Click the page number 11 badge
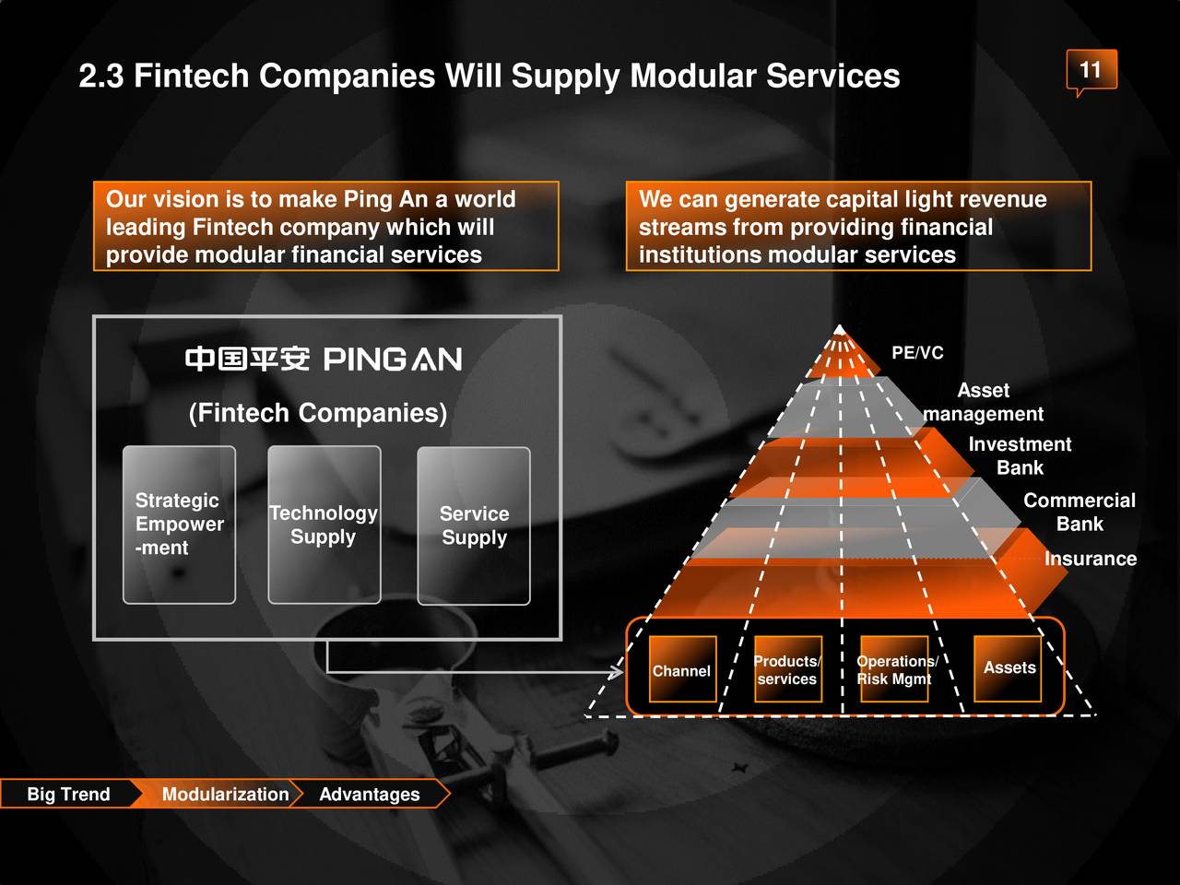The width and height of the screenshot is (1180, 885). [1091, 70]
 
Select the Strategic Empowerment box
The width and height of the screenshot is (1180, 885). [179, 525]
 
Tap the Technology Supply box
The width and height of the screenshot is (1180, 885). [324, 525]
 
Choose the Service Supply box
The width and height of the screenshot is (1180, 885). [474, 525]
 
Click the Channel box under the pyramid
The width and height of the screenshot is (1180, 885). [682, 670]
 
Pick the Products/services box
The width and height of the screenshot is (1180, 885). [787, 670]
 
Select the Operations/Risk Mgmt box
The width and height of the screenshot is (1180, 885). [894, 670]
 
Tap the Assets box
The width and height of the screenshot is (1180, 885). [1009, 668]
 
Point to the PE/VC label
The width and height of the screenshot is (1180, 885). [917, 353]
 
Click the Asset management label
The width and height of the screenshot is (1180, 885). [984, 402]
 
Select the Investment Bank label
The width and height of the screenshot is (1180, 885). [1020, 455]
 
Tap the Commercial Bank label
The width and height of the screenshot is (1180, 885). [1079, 512]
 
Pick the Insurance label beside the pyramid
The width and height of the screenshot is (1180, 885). [1090, 559]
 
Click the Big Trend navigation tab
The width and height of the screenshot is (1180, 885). [68, 794]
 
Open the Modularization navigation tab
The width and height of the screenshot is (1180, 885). [225, 794]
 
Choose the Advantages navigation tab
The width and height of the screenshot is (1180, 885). [370, 794]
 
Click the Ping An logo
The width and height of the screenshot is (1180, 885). [324, 359]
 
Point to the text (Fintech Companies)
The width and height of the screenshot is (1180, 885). [318, 412]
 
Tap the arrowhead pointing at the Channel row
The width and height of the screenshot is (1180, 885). [616, 673]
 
